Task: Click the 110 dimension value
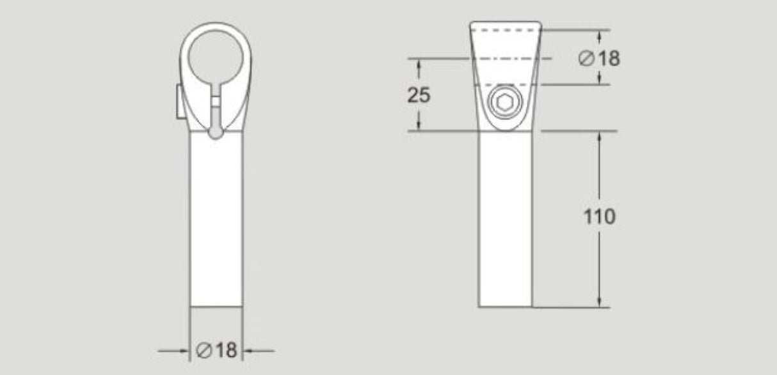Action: point(599,217)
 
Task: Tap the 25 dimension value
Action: point(419,95)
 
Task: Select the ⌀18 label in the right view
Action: point(599,58)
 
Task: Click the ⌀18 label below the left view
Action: point(217,350)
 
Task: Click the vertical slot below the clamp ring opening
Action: point(216,102)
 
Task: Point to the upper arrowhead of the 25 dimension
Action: point(419,63)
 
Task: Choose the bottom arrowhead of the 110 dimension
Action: point(599,302)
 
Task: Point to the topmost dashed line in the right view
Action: point(506,29)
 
